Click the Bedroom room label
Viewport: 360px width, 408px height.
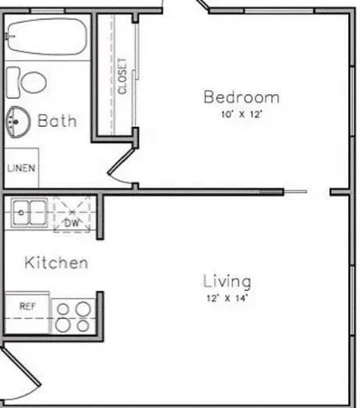(x=240, y=97)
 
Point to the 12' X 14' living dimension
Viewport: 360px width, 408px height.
(x=227, y=298)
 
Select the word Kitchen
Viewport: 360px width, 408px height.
(x=55, y=264)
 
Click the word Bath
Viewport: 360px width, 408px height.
(x=56, y=121)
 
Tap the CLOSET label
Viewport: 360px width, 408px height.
(x=122, y=78)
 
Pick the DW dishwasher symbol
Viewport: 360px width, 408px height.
(x=73, y=218)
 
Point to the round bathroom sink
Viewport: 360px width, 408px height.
(x=16, y=120)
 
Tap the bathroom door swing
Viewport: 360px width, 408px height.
(x=118, y=169)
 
